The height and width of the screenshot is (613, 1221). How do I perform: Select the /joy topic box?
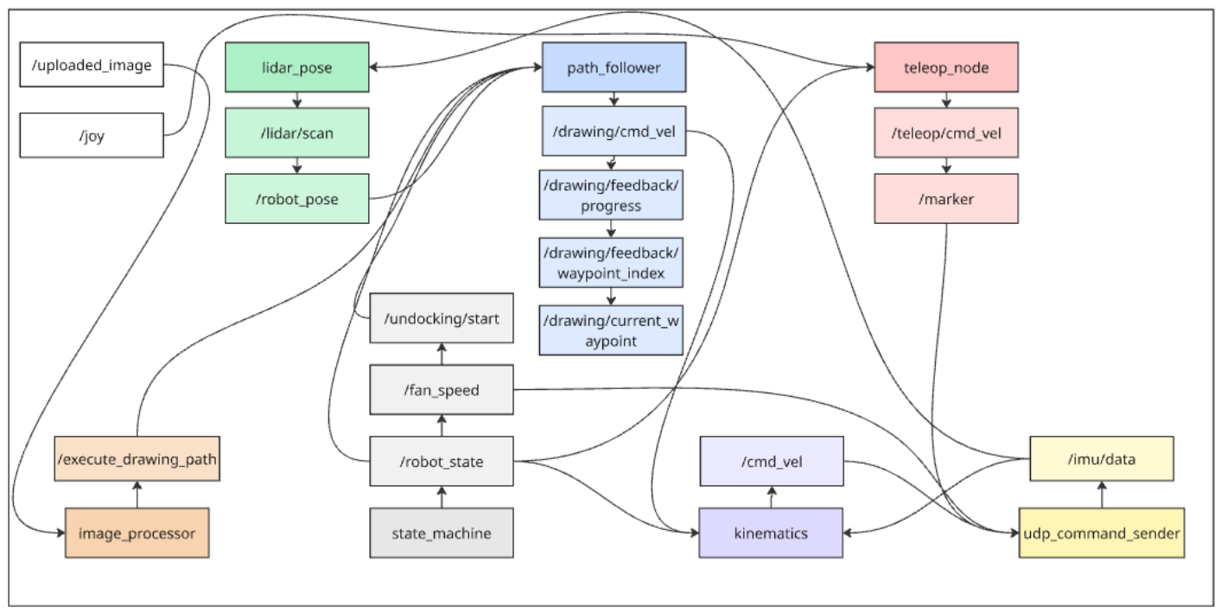(92, 137)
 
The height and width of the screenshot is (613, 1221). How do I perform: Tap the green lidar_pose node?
(297, 67)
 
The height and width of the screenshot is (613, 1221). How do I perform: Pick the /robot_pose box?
(297, 199)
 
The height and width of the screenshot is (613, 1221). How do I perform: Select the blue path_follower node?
(614, 67)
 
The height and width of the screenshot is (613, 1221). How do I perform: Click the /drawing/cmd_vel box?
(614, 131)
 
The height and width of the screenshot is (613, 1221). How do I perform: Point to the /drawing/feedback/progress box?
(612, 195)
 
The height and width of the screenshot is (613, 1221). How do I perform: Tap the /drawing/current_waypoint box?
(612, 330)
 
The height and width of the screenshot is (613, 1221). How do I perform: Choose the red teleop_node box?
(946, 67)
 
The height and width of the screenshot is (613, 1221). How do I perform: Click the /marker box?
(946, 199)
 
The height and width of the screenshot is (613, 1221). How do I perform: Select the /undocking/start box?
(442, 319)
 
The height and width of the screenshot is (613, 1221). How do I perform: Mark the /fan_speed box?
(442, 390)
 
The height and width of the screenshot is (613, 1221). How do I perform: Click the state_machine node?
(442, 533)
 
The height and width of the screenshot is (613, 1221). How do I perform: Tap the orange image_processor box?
(137, 533)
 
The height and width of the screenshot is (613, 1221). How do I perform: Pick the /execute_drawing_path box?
(137, 461)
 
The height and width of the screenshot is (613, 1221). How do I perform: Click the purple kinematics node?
(770, 533)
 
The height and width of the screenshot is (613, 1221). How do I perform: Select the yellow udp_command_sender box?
(1101, 533)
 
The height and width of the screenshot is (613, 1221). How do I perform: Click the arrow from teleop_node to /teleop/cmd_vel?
(946, 99)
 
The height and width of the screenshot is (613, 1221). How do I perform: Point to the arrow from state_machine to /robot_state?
(442, 498)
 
